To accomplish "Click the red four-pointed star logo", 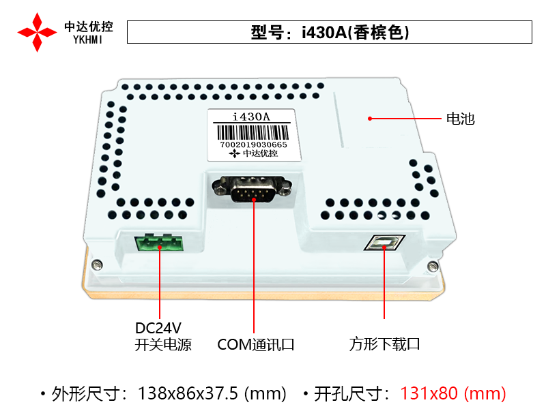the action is [x=37, y=32].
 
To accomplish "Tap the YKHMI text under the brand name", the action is [x=88, y=40].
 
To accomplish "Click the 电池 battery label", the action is [x=460, y=119].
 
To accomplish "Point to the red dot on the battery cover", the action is [x=370, y=119].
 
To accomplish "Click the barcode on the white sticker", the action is [x=253, y=132].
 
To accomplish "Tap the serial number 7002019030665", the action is [x=253, y=145].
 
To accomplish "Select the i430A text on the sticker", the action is [x=251, y=117].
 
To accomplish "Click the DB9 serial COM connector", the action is [x=252, y=189].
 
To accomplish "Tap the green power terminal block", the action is [x=159, y=243].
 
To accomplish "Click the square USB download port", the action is [x=384, y=243].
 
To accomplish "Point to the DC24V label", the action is [x=158, y=328].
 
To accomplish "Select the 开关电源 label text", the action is [x=163, y=345].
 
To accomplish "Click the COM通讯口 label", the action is [x=256, y=345].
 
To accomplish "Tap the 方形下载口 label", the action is [x=384, y=344].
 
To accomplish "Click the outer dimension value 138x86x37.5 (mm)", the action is [x=212, y=393].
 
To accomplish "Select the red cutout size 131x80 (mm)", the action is [x=453, y=393].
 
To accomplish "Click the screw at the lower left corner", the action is [x=97, y=264].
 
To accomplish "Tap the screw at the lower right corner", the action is [x=433, y=267].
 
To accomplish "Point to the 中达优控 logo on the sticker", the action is [x=253, y=153].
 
